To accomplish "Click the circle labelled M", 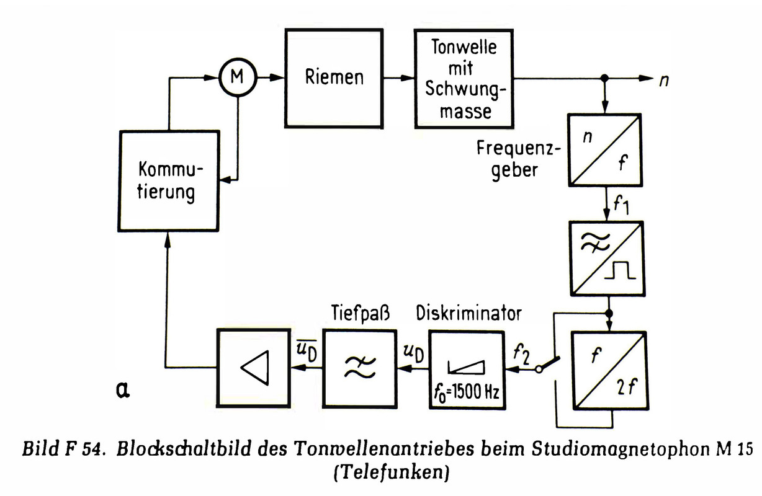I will click(236, 78).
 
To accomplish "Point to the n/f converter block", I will click(606, 150).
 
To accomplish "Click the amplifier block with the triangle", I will click(253, 368).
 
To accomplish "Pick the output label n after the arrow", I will click(663, 79).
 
